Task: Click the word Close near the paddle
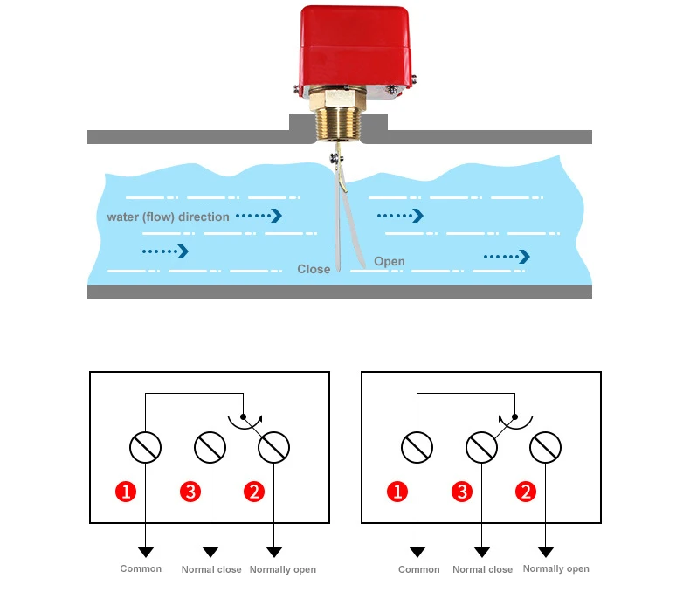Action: pyautogui.click(x=314, y=269)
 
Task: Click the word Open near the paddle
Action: pyautogui.click(x=390, y=261)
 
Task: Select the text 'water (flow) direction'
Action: pyautogui.click(x=168, y=217)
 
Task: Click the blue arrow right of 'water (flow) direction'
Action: pyautogui.click(x=260, y=215)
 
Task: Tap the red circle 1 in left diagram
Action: pyautogui.click(x=127, y=492)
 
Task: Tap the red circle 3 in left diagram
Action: pyautogui.click(x=190, y=492)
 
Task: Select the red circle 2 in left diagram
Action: pyautogui.click(x=254, y=492)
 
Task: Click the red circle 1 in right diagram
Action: pyautogui.click(x=397, y=492)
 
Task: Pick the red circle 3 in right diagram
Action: pyautogui.click(x=462, y=492)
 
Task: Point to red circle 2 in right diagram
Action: pyautogui.click(x=526, y=492)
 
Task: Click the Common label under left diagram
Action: pyautogui.click(x=141, y=568)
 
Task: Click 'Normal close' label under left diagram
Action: pyautogui.click(x=211, y=569)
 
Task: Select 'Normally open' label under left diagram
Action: pyautogui.click(x=283, y=569)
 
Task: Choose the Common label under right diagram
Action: pyautogui.click(x=418, y=569)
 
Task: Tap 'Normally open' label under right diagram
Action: pyautogui.click(x=555, y=568)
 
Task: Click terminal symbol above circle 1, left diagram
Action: pyautogui.click(x=145, y=448)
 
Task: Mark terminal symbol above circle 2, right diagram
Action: pyautogui.click(x=546, y=448)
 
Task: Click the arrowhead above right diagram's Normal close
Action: pyautogui.click(x=481, y=552)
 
